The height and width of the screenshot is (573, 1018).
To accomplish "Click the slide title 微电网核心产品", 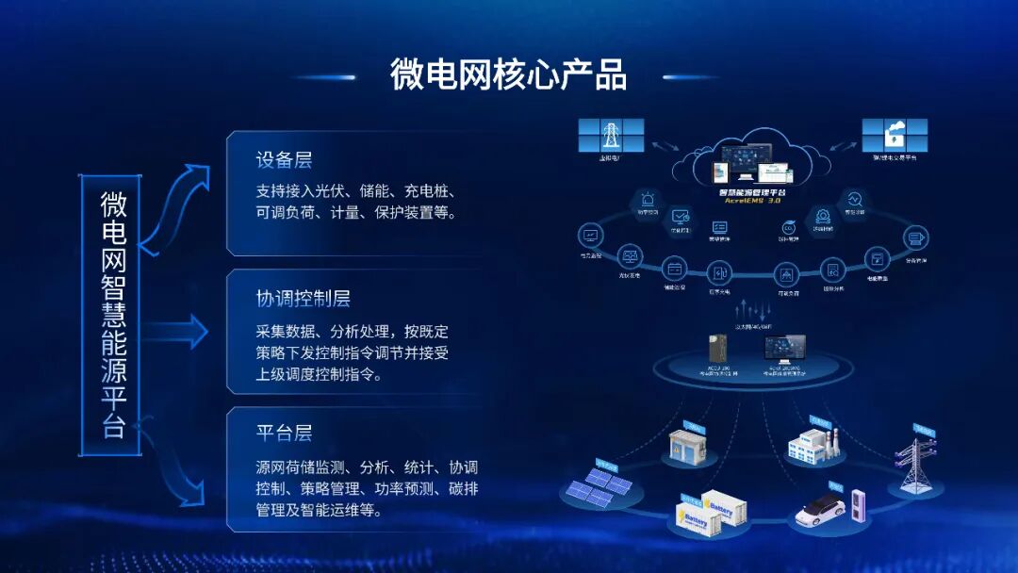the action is point(509,74).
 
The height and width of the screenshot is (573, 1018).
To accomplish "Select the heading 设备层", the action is point(284,159).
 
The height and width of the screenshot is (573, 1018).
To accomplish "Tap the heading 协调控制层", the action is point(303,299).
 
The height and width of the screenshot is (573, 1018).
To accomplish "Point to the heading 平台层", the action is point(284,434).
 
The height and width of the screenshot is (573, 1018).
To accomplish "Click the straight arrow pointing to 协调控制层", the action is point(179,331).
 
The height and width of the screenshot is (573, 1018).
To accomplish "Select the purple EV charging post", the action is point(859,505).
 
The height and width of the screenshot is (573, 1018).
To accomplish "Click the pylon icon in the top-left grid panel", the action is point(611,135).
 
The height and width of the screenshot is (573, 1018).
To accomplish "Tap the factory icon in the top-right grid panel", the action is point(895,134).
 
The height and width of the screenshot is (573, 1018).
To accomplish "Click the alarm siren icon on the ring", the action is point(648,201).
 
